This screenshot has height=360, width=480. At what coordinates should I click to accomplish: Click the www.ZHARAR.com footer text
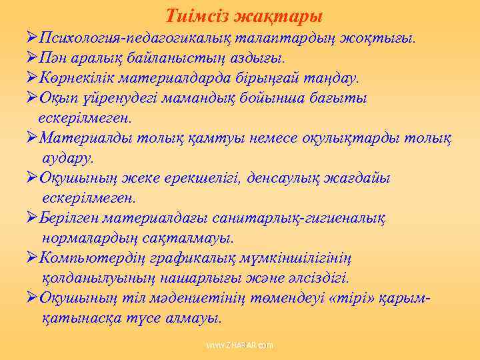tap(240, 346)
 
